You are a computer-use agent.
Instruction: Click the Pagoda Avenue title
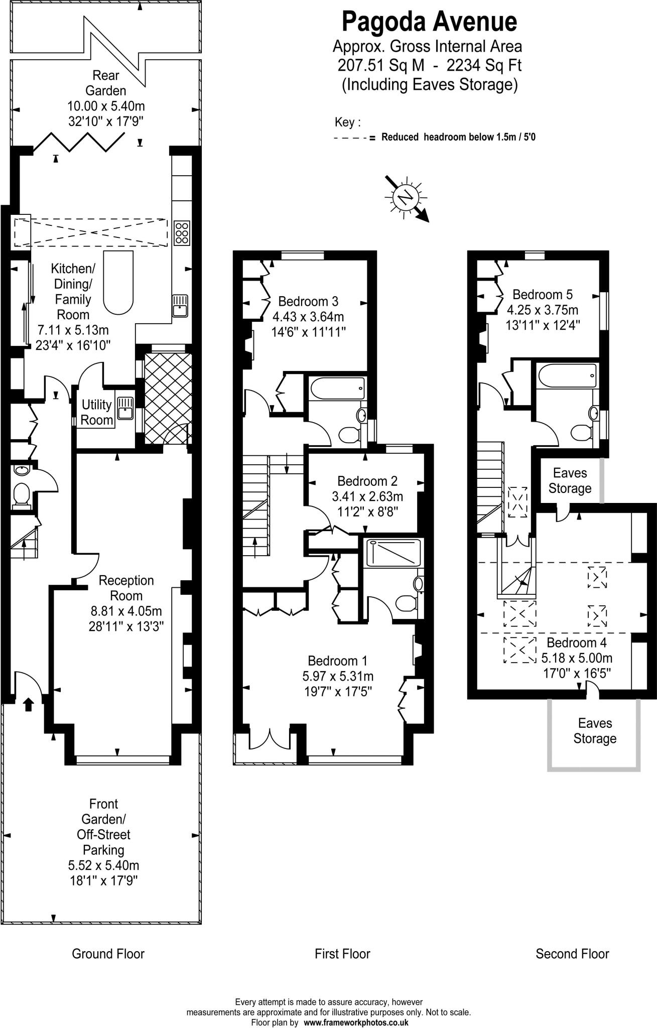[x=429, y=22]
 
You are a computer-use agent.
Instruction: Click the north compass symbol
[x=405, y=197]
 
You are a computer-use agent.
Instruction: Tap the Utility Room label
[x=96, y=412]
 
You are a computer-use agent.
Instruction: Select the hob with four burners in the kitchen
[x=182, y=233]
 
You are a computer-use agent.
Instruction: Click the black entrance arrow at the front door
[x=28, y=704]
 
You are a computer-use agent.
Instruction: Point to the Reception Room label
[x=126, y=588]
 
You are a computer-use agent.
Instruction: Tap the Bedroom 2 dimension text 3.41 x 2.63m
[x=367, y=496]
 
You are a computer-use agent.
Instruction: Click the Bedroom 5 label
[x=542, y=294]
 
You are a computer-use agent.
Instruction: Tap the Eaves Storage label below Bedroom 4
[x=595, y=730]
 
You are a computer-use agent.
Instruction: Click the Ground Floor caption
[x=108, y=954]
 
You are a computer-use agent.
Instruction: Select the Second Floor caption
[x=572, y=954]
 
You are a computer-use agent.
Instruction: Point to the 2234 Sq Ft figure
[x=484, y=65]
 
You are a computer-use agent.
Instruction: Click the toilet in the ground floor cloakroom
[x=22, y=493]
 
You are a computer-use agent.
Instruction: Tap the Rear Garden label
[x=106, y=83]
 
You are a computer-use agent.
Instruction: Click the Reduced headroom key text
[x=458, y=137]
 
